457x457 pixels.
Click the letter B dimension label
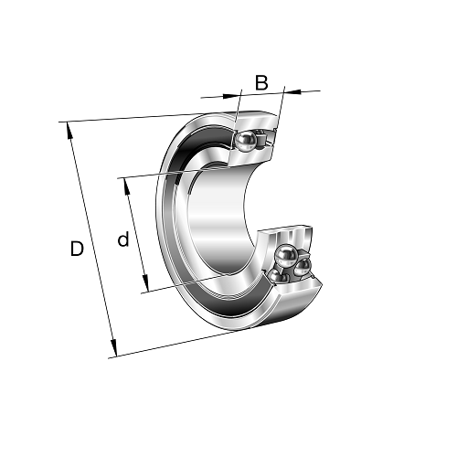261,82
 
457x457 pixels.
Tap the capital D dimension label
77,249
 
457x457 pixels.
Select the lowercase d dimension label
123,239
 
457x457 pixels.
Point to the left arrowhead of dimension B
230,96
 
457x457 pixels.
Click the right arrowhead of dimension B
292,91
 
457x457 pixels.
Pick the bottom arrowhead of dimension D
113,348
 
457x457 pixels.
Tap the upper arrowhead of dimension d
126,186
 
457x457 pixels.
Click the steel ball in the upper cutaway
245,141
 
